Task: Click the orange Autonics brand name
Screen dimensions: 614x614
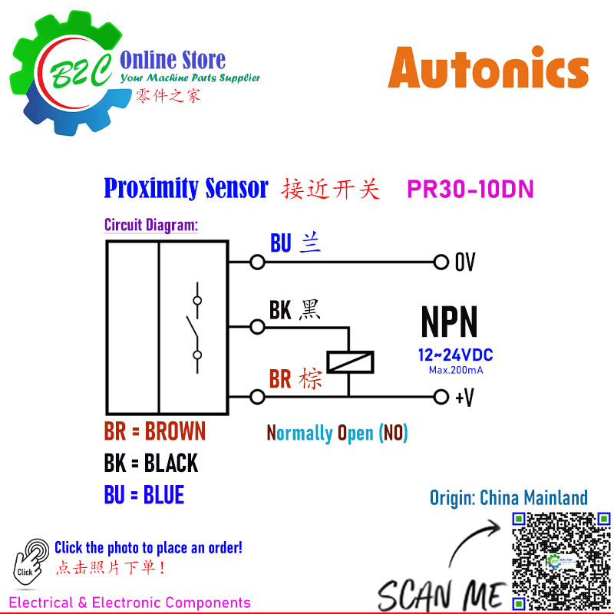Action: pos(488,68)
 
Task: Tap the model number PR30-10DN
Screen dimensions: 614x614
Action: pos(470,189)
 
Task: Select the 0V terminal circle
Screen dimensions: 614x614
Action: pos(441,262)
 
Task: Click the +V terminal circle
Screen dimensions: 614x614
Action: pos(441,397)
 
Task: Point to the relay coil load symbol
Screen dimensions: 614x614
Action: pos(350,361)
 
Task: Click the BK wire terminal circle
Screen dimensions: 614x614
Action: pos(257,327)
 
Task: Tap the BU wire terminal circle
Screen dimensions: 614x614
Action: pos(257,262)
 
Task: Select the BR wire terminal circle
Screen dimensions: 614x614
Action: pos(257,397)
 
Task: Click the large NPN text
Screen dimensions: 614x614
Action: pos(449,322)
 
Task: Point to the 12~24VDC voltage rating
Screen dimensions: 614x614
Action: pos(455,355)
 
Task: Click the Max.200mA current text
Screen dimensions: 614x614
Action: pos(456,370)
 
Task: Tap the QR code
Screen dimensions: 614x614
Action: pos(561,563)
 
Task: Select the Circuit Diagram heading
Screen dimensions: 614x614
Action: pos(151,225)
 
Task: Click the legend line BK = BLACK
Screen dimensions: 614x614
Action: pos(150,463)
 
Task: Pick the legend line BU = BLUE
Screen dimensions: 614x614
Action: pos(144,494)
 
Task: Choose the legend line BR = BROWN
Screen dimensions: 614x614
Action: pos(155,431)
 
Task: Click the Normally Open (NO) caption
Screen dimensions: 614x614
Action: pos(337,433)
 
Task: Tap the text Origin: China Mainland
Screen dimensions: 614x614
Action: pos(509,497)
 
